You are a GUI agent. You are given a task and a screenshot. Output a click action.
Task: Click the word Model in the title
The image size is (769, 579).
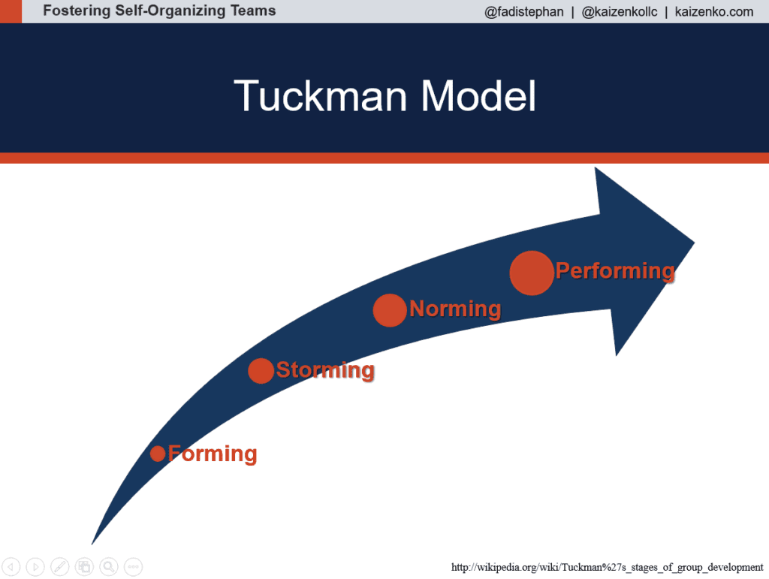(478, 97)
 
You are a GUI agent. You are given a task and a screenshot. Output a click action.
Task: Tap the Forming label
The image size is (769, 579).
(213, 454)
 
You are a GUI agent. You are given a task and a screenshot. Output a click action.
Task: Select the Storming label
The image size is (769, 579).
(325, 369)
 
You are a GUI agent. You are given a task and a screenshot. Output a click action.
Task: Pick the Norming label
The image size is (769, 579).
(455, 309)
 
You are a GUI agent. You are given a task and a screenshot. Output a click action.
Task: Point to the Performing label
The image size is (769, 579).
(615, 270)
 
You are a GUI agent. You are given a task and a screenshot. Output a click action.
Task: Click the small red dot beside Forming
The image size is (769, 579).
(158, 454)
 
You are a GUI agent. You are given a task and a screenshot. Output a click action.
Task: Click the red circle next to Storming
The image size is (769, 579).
(261, 370)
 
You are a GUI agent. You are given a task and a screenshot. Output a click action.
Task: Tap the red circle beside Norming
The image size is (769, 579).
(389, 310)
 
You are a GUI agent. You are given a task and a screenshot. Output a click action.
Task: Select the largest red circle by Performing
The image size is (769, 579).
(531, 273)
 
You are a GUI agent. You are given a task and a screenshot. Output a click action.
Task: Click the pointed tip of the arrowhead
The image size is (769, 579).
(692, 243)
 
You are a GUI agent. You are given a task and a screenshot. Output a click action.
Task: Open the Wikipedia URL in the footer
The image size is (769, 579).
(607, 567)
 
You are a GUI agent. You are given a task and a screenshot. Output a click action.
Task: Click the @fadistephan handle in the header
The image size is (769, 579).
(524, 12)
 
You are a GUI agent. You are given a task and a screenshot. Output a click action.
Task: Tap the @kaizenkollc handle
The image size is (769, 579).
(620, 12)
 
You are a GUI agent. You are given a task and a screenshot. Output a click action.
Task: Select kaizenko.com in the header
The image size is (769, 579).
(714, 12)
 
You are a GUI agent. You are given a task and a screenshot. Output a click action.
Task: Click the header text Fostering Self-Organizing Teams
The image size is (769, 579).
(159, 11)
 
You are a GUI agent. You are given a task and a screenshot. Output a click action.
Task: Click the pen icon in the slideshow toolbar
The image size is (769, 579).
(60, 567)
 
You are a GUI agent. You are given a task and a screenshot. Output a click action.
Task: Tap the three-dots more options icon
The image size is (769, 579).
(133, 567)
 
